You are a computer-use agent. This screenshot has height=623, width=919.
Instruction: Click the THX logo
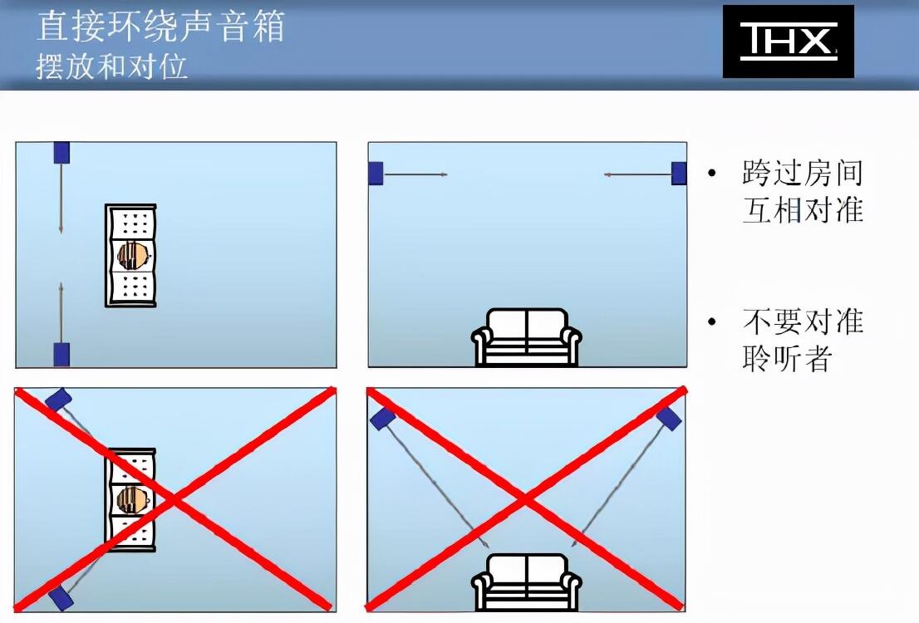tap(789, 42)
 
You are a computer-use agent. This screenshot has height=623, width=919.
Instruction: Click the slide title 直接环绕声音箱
tap(160, 27)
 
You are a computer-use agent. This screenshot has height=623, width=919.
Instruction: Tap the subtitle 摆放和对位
tap(111, 66)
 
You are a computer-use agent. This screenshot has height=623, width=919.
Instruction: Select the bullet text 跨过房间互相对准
tap(803, 191)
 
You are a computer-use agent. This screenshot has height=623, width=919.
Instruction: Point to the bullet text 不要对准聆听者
tap(803, 340)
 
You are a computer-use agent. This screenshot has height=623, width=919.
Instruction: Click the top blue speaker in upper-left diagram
tap(61, 152)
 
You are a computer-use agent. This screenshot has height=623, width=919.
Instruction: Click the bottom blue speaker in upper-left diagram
tap(61, 355)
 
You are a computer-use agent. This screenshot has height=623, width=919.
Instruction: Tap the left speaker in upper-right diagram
tap(376, 174)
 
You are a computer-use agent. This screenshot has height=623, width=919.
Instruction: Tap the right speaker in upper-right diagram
tap(679, 174)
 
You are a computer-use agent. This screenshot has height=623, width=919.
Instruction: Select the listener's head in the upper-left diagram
tap(134, 256)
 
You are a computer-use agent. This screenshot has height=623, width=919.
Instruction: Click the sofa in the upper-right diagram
tap(526, 337)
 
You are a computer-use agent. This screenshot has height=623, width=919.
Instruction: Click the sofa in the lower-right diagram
tap(526, 583)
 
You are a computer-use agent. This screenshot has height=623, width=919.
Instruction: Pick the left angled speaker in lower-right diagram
tap(383, 419)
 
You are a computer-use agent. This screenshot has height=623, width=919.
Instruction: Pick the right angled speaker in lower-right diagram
tap(669, 419)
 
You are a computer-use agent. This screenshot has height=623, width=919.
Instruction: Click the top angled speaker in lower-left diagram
tap(58, 400)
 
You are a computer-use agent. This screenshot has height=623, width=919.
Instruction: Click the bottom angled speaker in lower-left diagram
tap(61, 598)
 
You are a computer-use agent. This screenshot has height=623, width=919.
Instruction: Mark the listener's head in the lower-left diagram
tap(134, 499)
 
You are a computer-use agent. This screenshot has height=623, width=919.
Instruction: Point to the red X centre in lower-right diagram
tap(526, 499)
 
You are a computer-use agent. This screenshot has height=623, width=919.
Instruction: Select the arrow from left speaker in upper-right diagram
tap(415, 174)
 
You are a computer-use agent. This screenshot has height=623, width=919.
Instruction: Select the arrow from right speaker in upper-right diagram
tap(637, 174)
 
